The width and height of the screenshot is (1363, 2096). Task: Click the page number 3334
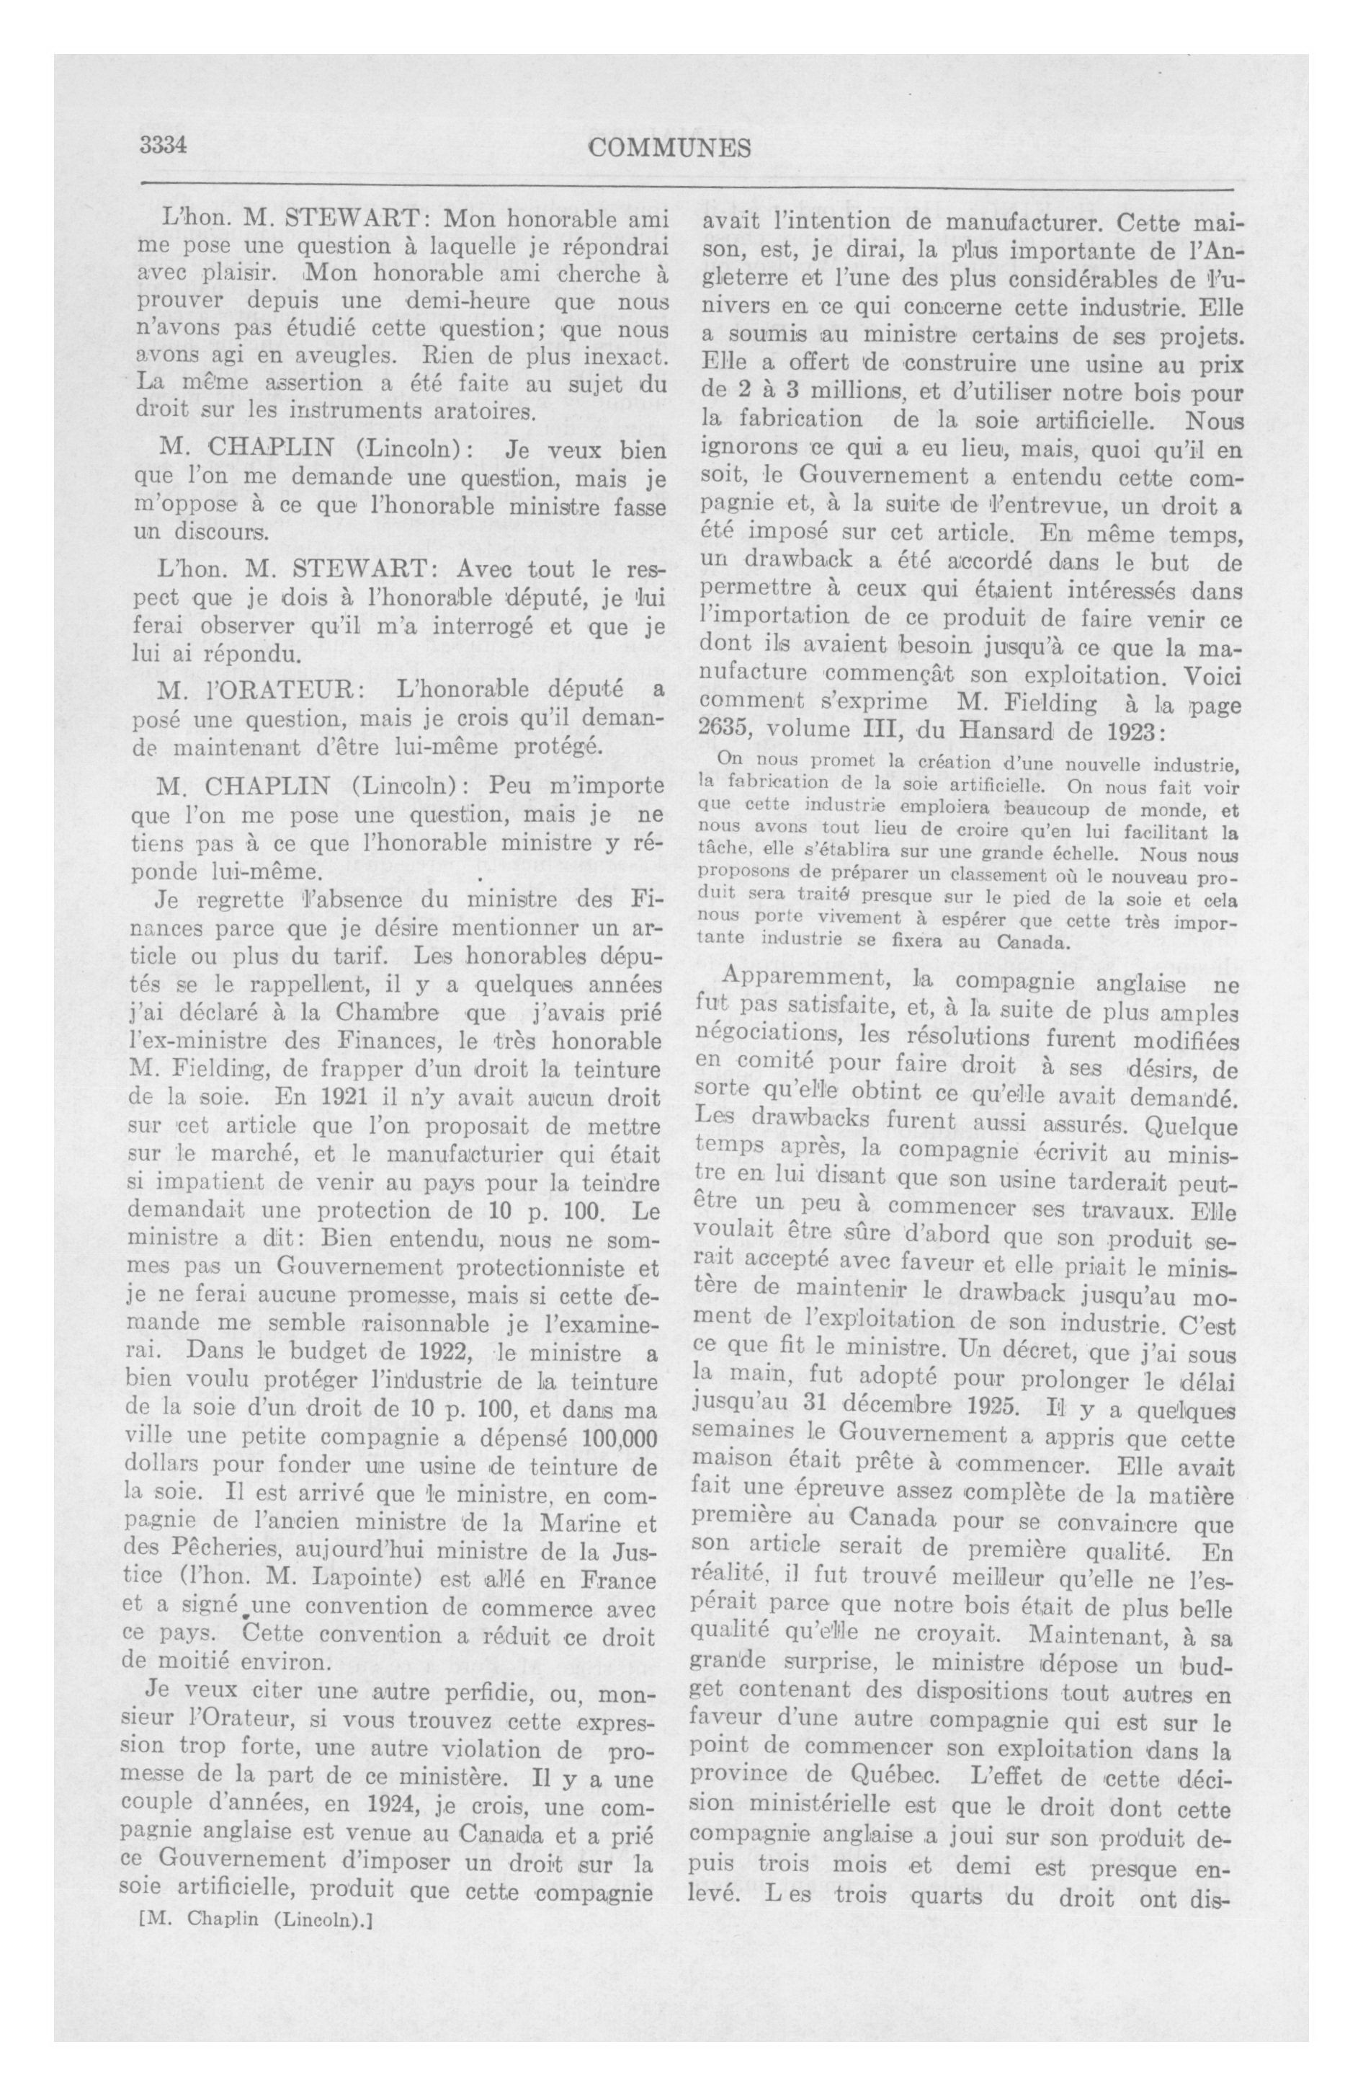click(x=166, y=147)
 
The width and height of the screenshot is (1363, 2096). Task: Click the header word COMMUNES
click(x=669, y=148)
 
